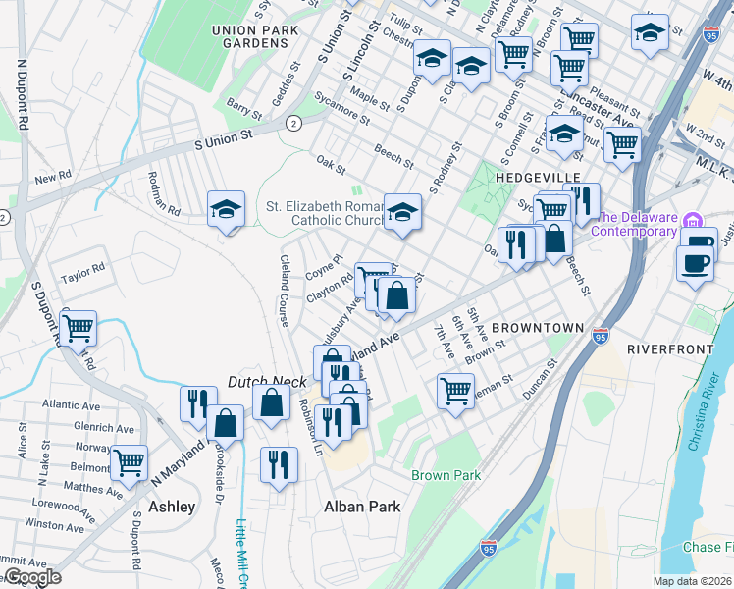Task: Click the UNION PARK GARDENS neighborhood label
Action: pos(254,37)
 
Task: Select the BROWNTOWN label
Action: pos(538,327)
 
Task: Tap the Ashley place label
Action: pos(172,507)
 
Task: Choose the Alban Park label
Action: pos(363,507)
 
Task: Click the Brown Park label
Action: pos(446,476)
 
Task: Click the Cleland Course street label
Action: pos(283,285)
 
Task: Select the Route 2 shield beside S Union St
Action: pos(293,122)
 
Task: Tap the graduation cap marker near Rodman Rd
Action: pos(226,208)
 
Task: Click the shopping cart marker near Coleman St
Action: pos(455,391)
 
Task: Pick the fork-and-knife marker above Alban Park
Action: pos(279,461)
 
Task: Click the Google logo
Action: pos(31,577)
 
